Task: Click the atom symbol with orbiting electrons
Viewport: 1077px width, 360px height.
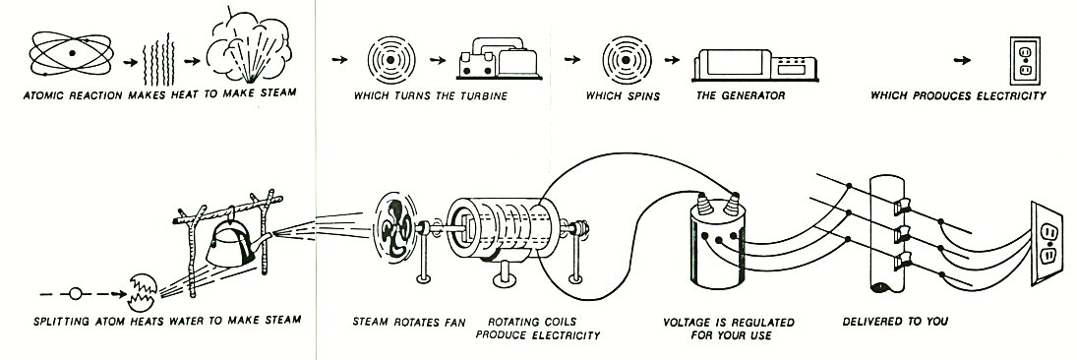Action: [72, 53]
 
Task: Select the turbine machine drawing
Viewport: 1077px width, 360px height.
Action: [500, 60]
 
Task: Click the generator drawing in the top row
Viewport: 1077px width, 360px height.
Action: [754, 65]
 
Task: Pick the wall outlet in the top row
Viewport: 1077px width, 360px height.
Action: [1024, 60]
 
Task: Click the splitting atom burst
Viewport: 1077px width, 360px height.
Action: [143, 291]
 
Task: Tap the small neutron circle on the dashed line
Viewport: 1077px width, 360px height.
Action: [76, 294]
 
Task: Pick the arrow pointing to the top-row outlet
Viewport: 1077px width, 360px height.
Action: [963, 60]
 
